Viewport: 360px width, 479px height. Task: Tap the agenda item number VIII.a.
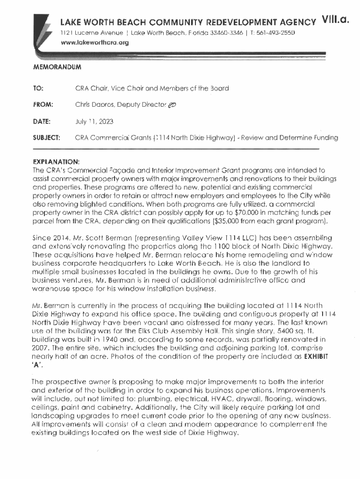(x=335, y=21)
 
